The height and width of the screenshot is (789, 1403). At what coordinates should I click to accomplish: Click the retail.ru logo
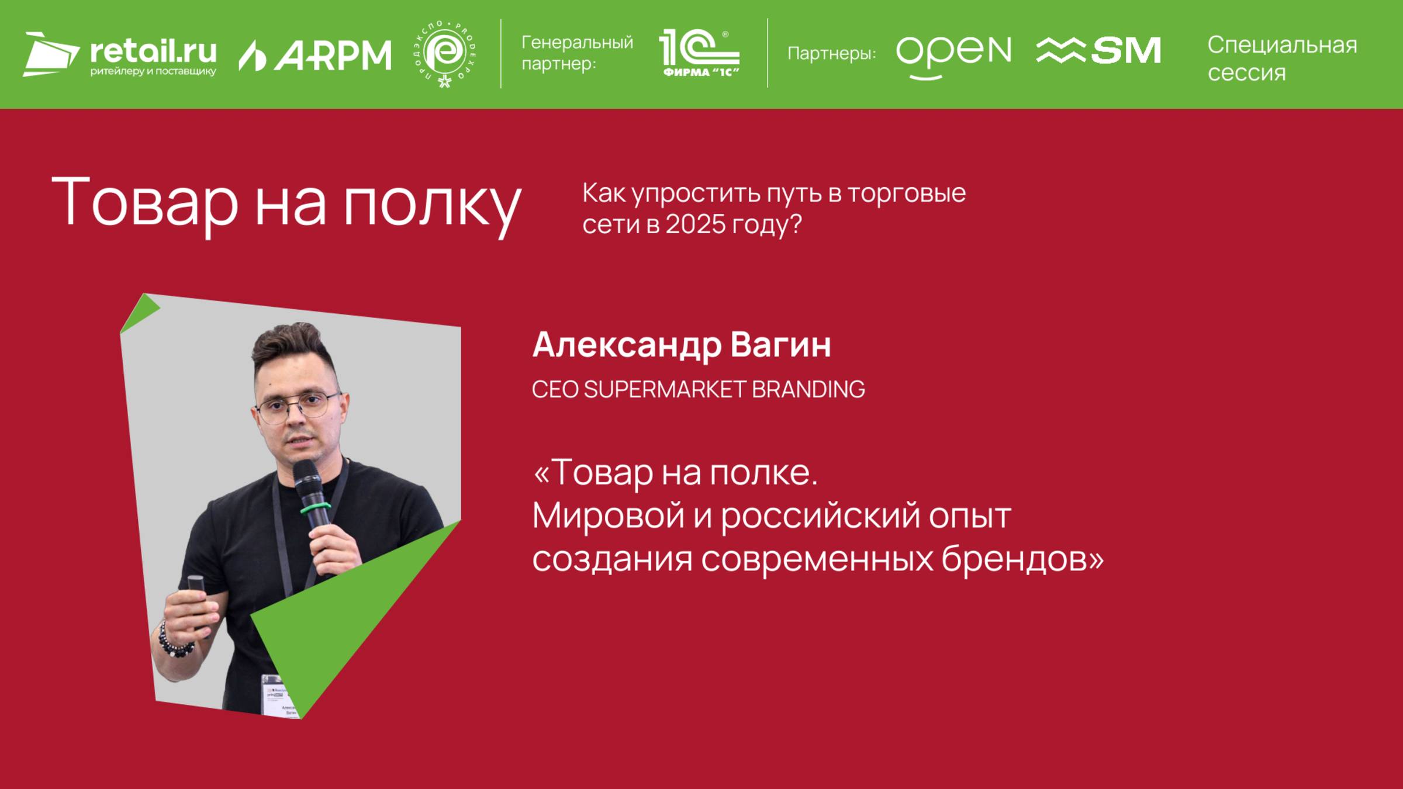click(120, 54)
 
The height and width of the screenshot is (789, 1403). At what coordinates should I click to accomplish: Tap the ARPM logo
click(315, 56)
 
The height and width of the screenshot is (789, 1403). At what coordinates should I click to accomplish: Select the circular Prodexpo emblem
click(445, 54)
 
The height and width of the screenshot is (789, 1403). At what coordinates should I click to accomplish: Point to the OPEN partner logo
click(953, 54)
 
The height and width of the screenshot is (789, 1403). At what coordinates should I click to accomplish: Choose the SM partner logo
click(1098, 51)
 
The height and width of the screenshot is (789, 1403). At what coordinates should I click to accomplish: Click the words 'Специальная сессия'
click(1281, 58)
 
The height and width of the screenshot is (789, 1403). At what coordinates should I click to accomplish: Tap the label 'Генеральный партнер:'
click(577, 53)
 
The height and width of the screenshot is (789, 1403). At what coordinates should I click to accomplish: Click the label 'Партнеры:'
click(831, 54)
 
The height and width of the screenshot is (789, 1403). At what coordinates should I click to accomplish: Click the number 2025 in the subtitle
click(695, 224)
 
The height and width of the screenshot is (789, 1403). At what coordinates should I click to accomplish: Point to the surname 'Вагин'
click(780, 345)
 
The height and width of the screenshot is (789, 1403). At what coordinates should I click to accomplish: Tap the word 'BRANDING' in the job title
click(807, 389)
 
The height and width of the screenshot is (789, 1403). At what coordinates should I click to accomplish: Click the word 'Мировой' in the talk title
click(607, 515)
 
